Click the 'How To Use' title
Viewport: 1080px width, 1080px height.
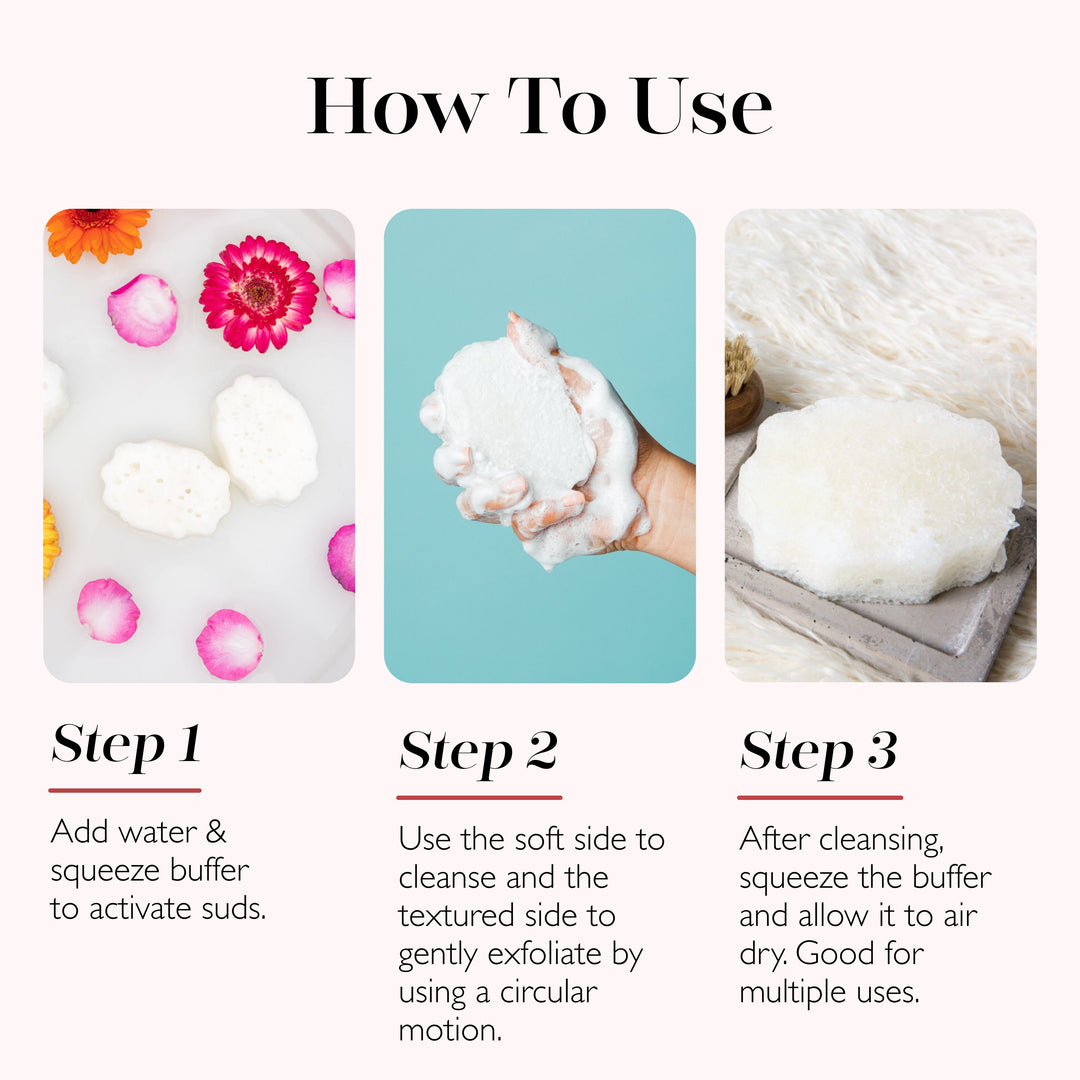click(x=540, y=105)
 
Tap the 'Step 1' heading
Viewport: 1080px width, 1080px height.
click(x=126, y=744)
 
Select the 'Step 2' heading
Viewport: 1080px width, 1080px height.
click(x=478, y=752)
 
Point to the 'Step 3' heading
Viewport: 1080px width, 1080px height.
click(x=818, y=752)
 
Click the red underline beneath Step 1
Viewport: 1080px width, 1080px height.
click(x=125, y=790)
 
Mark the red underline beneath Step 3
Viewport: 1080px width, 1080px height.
click(x=820, y=797)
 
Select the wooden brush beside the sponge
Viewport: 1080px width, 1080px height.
click(x=741, y=386)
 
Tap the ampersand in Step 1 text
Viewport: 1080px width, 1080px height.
click(x=216, y=832)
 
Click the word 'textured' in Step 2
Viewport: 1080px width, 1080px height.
click(x=456, y=916)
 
